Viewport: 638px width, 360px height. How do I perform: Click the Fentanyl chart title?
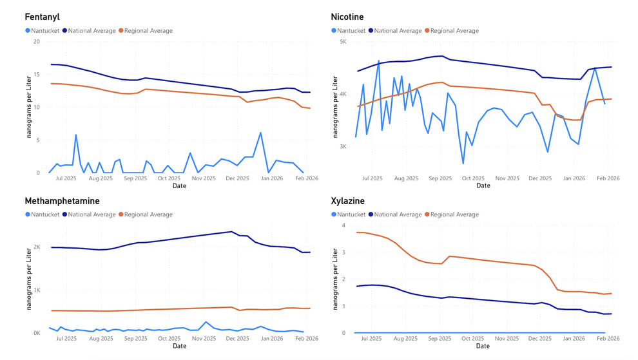coord(42,17)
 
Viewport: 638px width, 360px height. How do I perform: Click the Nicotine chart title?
coord(347,17)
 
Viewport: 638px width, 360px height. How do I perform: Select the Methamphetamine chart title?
coord(62,201)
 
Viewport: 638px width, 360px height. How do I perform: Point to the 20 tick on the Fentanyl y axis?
coord(36,42)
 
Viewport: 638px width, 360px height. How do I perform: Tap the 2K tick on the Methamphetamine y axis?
coord(36,247)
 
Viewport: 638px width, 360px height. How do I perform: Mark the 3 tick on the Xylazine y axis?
coord(343,252)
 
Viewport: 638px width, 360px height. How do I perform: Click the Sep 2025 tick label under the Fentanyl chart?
coord(135,178)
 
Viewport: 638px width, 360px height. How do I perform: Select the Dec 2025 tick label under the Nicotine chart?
coord(540,178)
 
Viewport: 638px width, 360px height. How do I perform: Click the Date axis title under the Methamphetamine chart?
coord(179,346)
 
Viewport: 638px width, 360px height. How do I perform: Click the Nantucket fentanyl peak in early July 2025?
coord(76,135)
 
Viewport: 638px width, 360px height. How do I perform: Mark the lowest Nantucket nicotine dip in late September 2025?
coord(463,164)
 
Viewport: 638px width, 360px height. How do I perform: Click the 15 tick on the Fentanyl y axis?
coord(36,75)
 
